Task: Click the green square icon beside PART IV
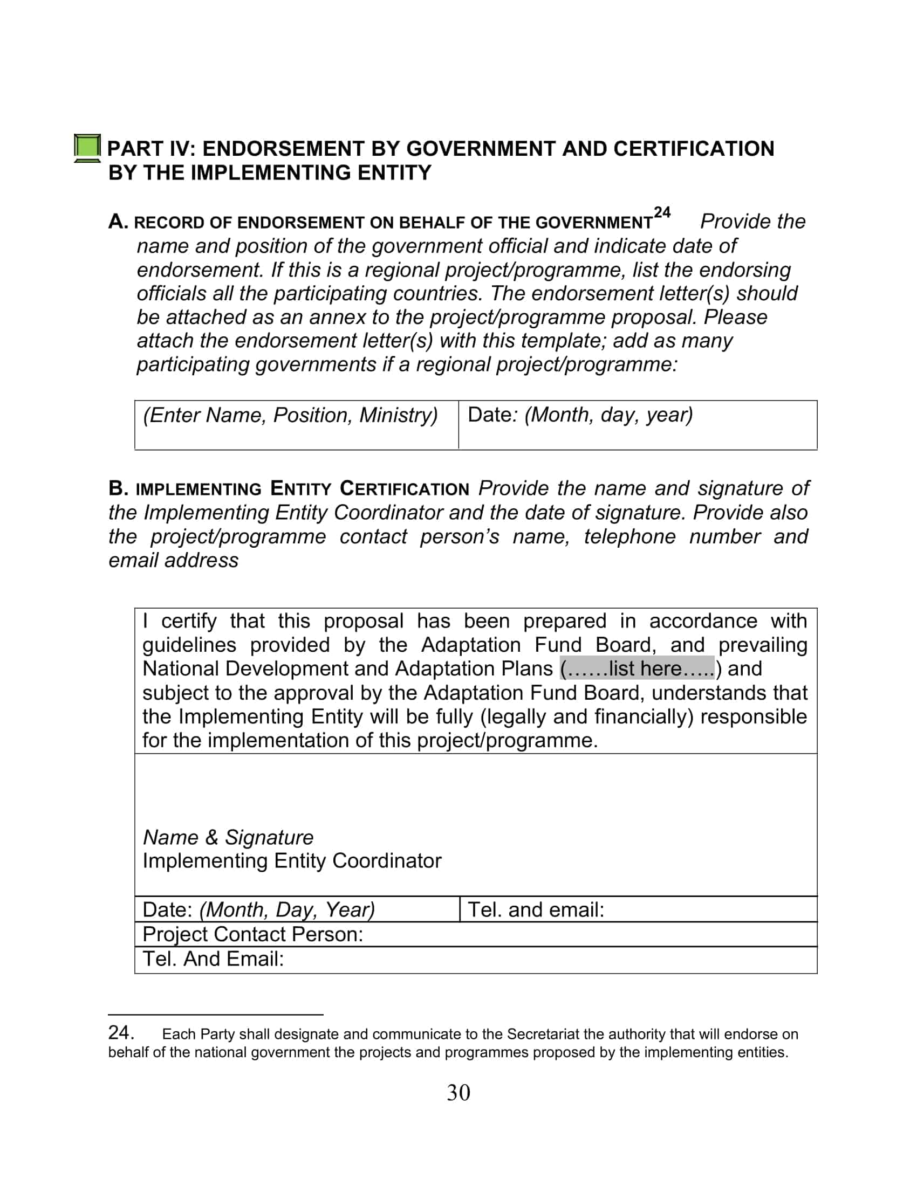point(87,147)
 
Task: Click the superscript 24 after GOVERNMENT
point(662,212)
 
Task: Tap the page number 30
point(458,1093)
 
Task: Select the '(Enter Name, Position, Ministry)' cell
point(290,416)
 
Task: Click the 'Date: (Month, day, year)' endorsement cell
point(580,415)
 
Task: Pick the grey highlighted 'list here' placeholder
point(637,668)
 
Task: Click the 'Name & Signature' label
point(228,837)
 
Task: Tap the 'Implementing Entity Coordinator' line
point(292,861)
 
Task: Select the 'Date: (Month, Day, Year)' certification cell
point(258,909)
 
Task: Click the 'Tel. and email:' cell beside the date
point(536,909)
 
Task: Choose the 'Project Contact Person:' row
point(252,934)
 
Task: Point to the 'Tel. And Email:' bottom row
point(213,959)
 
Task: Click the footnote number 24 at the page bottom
point(121,1032)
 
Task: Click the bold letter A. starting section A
point(118,222)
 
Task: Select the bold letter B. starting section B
point(118,488)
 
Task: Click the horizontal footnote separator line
point(215,1014)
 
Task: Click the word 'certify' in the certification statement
point(188,620)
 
